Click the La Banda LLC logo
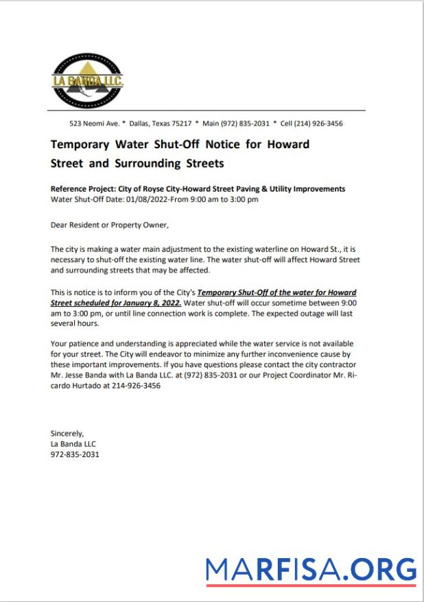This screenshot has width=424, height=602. (x=87, y=80)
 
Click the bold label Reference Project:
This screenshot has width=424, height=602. (x=81, y=189)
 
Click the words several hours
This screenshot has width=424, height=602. (x=75, y=323)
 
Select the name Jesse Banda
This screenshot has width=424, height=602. (x=88, y=375)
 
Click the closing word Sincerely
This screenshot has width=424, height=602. (x=67, y=433)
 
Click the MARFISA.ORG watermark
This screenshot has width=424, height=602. (x=311, y=570)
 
